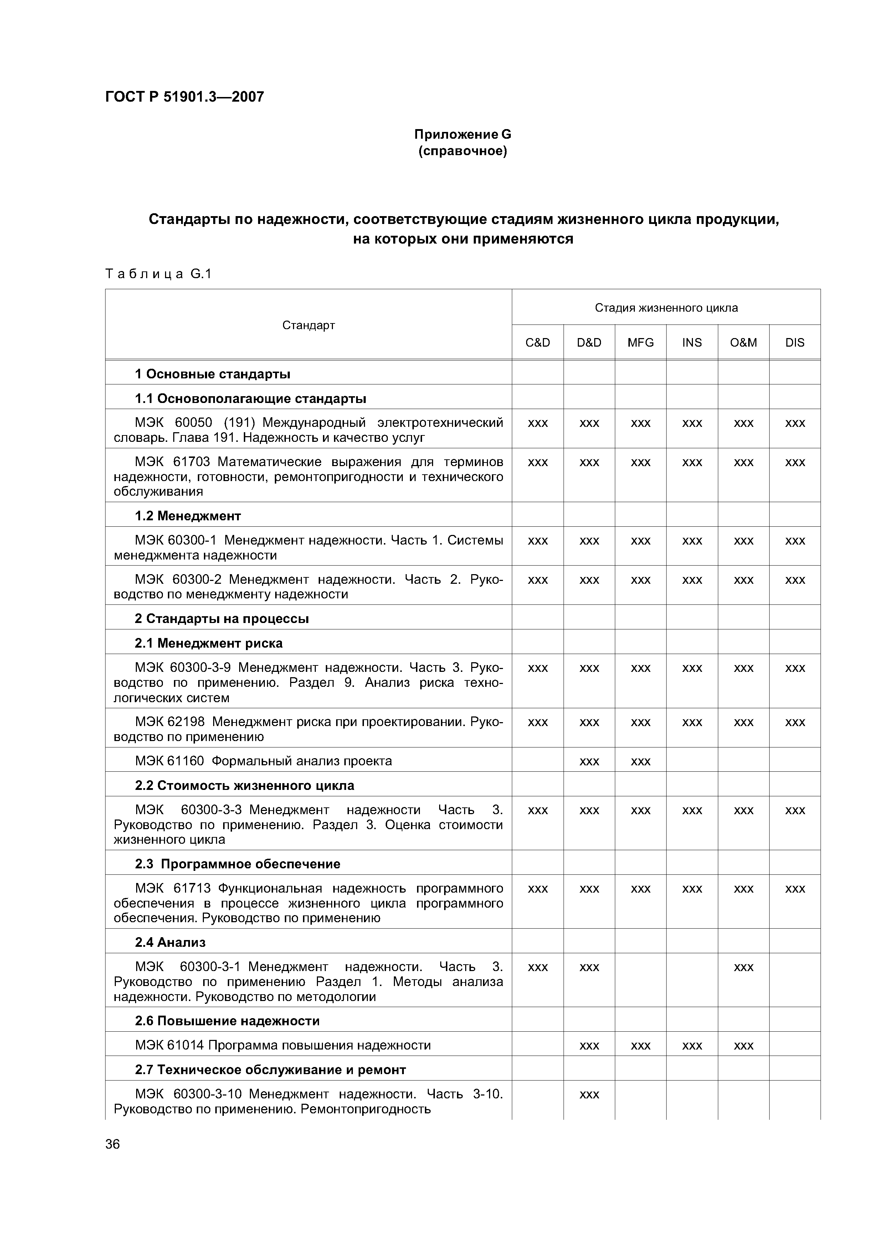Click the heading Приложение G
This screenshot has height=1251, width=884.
[x=462, y=134]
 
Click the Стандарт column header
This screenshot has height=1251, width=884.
[x=308, y=325]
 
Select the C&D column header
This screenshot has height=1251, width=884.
[x=538, y=343]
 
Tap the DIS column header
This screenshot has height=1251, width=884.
[x=795, y=343]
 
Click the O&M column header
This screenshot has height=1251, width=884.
[x=744, y=343]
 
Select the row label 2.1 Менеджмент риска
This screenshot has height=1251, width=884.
[x=209, y=643]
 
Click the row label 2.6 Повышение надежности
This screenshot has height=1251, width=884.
[x=227, y=1021]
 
